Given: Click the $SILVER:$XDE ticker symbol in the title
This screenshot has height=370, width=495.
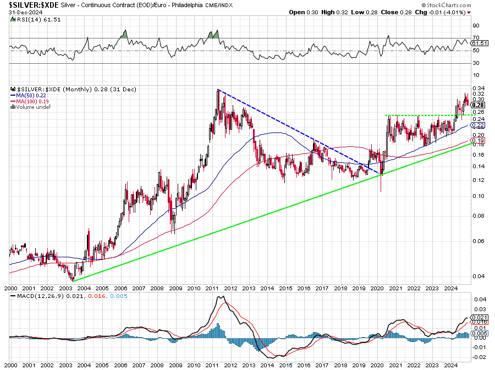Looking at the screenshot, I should (x=30, y=4).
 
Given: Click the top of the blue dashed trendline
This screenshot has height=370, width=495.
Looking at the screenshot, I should (x=218, y=90).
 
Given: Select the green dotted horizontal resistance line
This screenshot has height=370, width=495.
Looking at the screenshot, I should (x=424, y=115).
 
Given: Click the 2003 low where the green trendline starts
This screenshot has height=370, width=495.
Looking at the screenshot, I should (x=73, y=280).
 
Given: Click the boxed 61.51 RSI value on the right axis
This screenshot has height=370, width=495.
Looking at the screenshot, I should (x=480, y=43).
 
